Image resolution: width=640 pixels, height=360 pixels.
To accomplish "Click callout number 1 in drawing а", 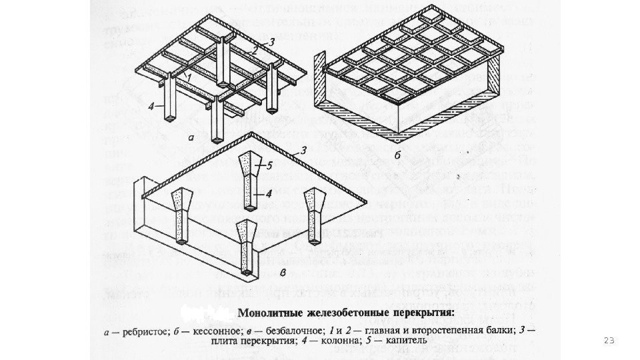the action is pos(189,77).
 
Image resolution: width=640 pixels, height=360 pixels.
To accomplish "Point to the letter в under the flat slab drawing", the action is pos(283,272).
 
